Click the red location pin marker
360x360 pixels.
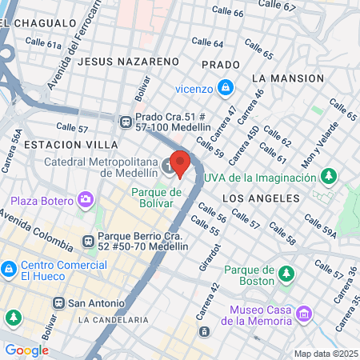click(180, 163)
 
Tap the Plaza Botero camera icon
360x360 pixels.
click(86, 198)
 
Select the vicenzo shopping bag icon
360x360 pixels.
click(227, 86)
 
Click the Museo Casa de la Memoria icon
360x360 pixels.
click(303, 314)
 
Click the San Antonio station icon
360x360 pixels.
click(58, 303)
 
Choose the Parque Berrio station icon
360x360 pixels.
click(87, 238)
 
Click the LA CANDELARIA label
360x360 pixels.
click(114, 320)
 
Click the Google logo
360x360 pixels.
click(26, 350)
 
